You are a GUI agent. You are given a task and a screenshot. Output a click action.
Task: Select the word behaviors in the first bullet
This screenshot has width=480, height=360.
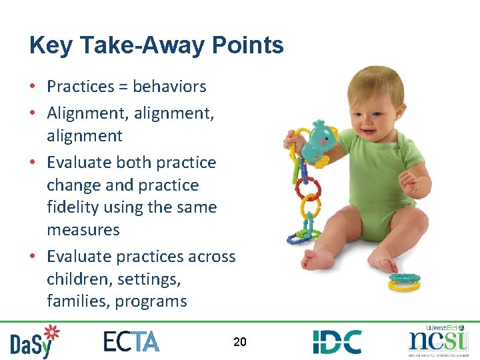coord(169,87)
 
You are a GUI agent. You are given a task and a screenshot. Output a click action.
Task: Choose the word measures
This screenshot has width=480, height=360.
coord(83,230)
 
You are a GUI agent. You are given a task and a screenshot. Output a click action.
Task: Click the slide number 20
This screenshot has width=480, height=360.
coord(240,342)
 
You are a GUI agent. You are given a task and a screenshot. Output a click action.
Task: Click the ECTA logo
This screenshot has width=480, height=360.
coord(131,341)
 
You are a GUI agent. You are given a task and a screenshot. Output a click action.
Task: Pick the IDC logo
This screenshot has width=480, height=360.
coord(337,341)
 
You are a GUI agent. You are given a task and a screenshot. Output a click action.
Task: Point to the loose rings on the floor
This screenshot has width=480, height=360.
coord(405,282)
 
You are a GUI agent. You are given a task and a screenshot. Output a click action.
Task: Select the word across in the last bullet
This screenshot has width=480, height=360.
coord(211,257)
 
